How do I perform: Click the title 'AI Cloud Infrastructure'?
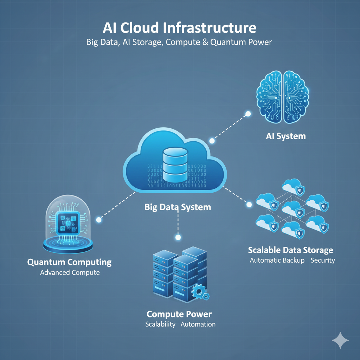coord(180,28)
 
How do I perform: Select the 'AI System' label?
coord(285,136)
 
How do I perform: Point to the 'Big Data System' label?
coord(178,207)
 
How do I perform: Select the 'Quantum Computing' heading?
coord(69,262)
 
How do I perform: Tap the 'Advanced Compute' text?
coord(70,272)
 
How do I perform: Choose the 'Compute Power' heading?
coord(179,314)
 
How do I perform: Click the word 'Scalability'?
coord(160,324)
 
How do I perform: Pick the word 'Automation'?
coord(198,324)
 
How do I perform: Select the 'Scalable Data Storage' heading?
coord(290,250)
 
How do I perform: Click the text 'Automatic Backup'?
coord(277,261)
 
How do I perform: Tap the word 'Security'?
coord(323,261)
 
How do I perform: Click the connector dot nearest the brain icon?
coord(248,114)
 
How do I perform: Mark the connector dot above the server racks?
coord(178,237)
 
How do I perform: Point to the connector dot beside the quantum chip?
coord(99,220)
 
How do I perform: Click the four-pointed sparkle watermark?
coord(340,340)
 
